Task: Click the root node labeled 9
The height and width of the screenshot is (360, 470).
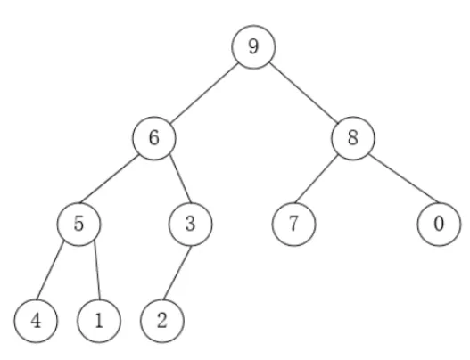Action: click(253, 47)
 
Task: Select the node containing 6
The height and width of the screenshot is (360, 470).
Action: click(154, 138)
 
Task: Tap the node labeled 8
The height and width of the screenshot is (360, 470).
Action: click(353, 138)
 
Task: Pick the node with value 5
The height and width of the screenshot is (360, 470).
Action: click(78, 224)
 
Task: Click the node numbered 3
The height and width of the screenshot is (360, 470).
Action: click(190, 224)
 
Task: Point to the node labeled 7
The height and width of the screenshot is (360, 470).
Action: click(293, 224)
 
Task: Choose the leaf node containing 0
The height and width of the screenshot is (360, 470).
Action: click(439, 224)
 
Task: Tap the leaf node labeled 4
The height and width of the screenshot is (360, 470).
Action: click(36, 321)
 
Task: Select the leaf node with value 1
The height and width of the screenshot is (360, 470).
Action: click(99, 321)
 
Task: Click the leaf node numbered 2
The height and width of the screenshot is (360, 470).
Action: click(162, 321)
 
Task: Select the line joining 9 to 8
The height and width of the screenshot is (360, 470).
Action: click(303, 93)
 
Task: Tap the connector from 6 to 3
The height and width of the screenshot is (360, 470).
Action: click(180, 178)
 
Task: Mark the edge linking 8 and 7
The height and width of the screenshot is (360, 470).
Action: click(317, 179)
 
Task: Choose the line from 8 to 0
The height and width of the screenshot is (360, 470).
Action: click(403, 178)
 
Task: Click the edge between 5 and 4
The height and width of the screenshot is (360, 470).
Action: click(50, 270)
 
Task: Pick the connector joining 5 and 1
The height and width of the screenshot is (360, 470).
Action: click(97, 270)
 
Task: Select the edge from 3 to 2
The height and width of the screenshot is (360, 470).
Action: click(177, 273)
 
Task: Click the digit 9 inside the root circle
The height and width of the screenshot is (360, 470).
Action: click(253, 46)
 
